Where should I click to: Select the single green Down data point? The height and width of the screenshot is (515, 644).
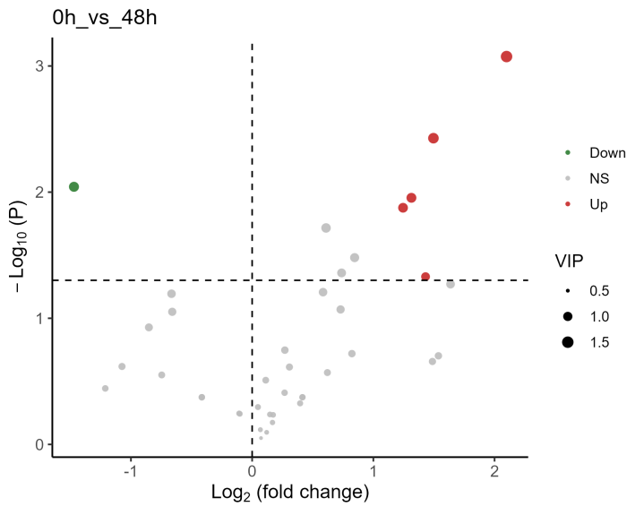74,186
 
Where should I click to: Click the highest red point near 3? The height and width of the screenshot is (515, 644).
506,56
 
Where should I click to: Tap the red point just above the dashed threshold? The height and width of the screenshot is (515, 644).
425,277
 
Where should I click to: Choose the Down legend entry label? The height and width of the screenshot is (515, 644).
607,153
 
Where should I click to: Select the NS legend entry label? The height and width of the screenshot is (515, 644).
598,179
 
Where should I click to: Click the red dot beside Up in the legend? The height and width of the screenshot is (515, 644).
568,205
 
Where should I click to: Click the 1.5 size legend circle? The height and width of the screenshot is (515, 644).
568,342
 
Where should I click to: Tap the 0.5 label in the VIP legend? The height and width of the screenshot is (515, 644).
599,292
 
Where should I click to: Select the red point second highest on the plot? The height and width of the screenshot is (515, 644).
434,138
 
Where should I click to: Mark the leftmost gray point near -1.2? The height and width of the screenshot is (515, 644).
105,389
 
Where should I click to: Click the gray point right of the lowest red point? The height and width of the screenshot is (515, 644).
451,284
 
